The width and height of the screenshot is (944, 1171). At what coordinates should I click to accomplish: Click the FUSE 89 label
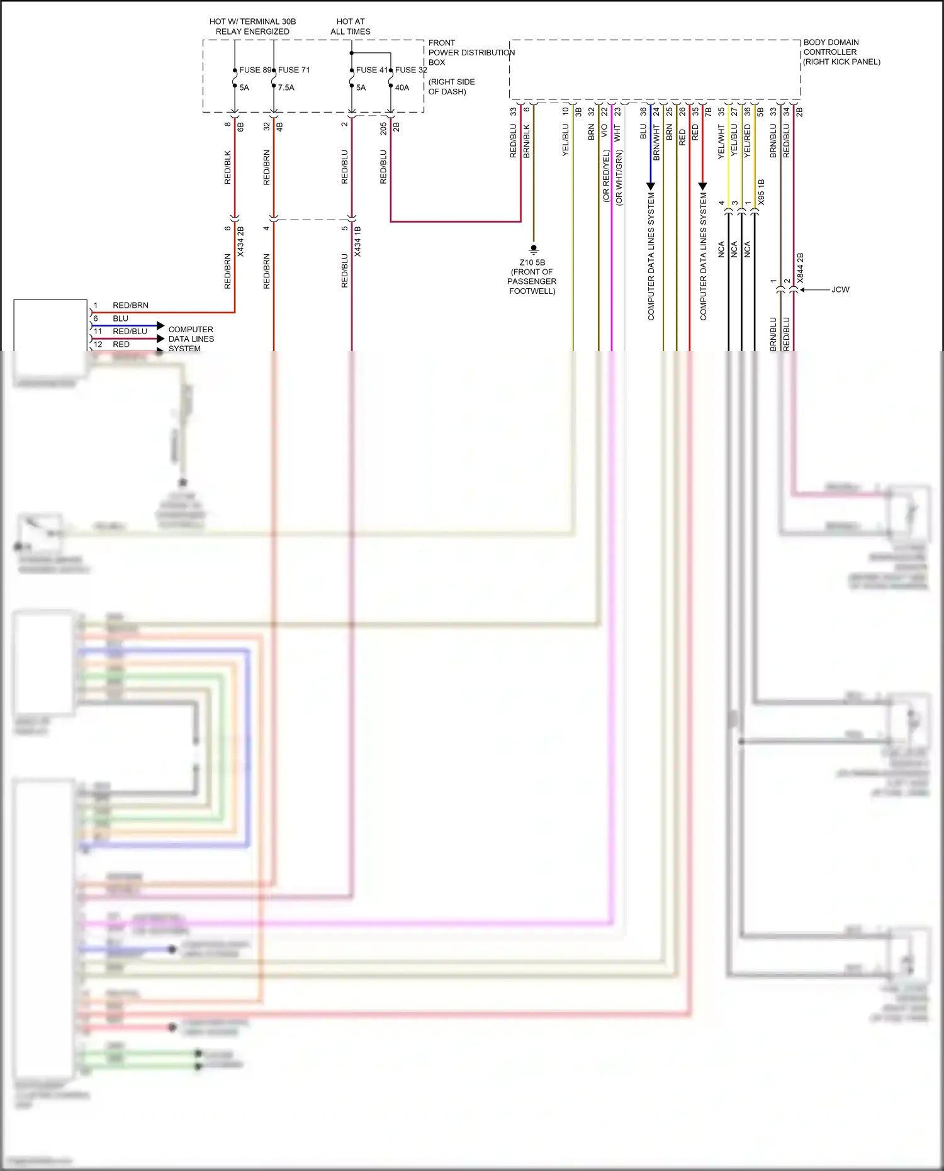(x=254, y=70)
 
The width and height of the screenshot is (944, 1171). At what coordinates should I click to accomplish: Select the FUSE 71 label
(x=294, y=70)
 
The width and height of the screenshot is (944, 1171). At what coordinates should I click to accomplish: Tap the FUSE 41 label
(x=371, y=70)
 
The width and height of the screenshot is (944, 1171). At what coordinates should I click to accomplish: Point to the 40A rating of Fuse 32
(x=402, y=87)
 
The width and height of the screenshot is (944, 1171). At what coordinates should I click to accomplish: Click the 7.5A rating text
(x=286, y=87)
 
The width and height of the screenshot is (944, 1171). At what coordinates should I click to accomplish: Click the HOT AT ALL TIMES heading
(x=351, y=26)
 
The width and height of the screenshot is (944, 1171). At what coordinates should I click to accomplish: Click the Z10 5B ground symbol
(x=534, y=249)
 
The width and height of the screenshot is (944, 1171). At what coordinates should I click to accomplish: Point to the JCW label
(x=840, y=289)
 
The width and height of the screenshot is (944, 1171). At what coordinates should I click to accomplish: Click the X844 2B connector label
(x=801, y=268)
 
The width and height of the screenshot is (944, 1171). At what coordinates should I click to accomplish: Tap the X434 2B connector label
(x=240, y=242)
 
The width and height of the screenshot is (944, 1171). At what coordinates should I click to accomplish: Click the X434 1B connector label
(x=357, y=242)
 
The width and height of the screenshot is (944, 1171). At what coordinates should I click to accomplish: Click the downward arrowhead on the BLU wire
(x=651, y=186)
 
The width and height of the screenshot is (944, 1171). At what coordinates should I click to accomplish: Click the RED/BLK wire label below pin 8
(x=227, y=167)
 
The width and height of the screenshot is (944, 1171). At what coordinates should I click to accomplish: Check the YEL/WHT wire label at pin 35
(x=721, y=142)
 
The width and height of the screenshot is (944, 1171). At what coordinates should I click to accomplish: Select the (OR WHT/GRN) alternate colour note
(x=619, y=177)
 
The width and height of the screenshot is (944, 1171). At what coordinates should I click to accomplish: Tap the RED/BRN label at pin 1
(x=130, y=305)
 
